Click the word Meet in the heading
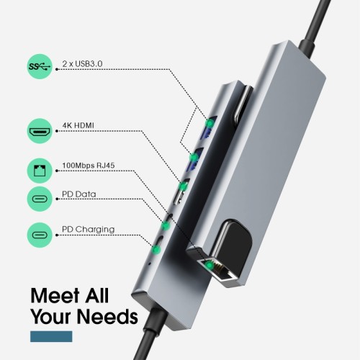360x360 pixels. click(58, 295)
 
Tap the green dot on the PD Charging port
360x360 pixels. click(155, 247)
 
